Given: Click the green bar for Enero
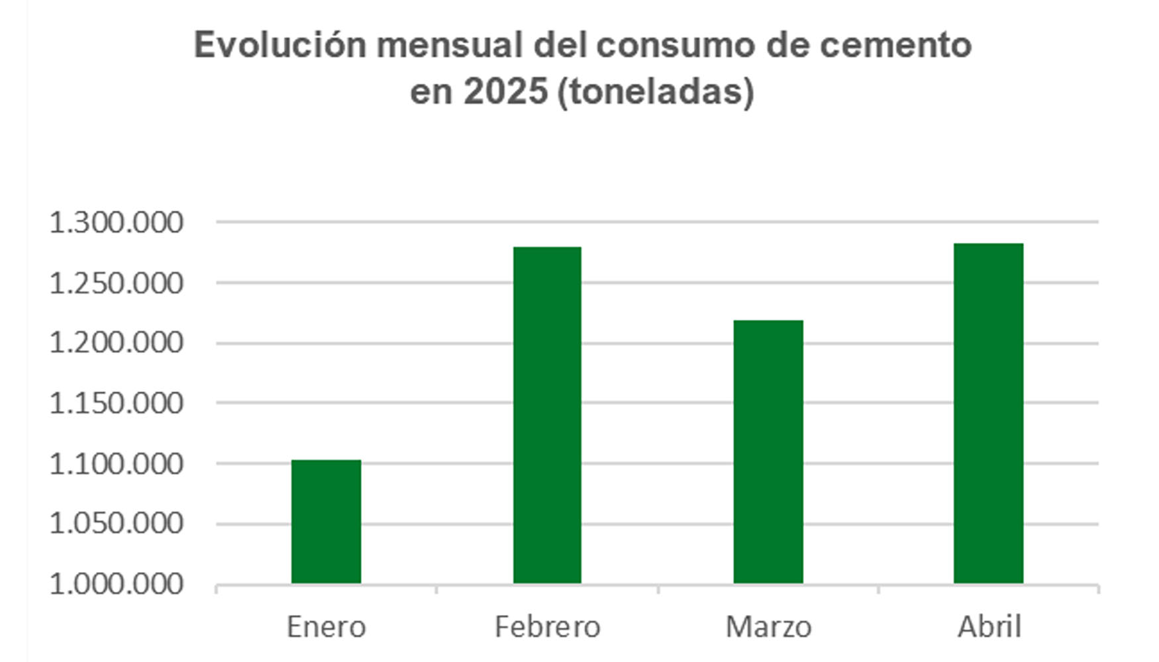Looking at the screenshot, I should click(326, 522).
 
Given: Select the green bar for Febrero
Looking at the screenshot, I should click(547, 415).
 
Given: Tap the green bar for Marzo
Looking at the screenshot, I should click(768, 451).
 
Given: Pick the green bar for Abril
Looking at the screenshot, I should click(988, 413).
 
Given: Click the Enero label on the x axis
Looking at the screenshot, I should click(326, 626).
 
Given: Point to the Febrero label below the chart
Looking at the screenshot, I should click(547, 626).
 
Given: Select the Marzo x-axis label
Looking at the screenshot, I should click(768, 626).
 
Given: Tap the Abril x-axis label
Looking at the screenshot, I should click(989, 626).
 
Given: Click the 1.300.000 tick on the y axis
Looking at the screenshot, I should click(116, 222).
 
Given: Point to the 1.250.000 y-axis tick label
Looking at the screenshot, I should click(116, 283).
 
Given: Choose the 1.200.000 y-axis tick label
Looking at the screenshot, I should click(116, 343).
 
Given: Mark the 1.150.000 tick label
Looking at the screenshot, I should click(116, 403).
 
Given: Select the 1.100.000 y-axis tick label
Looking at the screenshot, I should click(116, 464).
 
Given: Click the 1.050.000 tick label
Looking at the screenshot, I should click(116, 524).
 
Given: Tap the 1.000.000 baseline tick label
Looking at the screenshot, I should click(116, 585).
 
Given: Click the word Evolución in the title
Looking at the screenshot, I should click(280, 45).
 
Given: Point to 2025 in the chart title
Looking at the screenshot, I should click(505, 91).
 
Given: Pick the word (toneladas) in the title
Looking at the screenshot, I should click(656, 91).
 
